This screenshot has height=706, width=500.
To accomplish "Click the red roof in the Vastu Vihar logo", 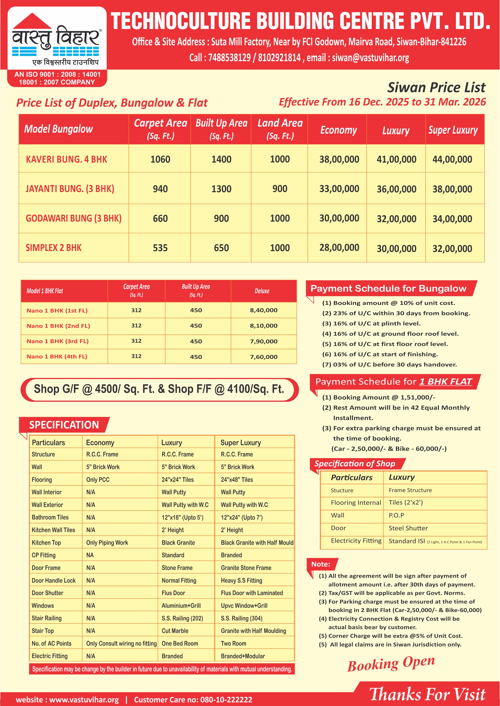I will [x=32, y=21].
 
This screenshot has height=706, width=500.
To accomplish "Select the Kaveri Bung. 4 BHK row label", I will [x=66, y=159].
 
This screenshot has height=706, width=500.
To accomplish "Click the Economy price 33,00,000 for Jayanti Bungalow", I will [x=339, y=189].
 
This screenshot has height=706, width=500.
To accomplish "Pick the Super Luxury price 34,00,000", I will [x=452, y=219].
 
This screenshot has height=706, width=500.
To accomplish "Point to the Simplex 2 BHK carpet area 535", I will [x=160, y=248].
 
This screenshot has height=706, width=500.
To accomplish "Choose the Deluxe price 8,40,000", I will [x=263, y=310].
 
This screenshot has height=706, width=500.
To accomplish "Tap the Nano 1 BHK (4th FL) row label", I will [x=57, y=356].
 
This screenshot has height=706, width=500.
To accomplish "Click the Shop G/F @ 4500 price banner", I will [x=159, y=389].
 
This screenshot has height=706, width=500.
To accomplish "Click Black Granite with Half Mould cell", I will [x=257, y=543].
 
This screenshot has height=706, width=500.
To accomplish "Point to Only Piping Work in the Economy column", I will [x=107, y=543].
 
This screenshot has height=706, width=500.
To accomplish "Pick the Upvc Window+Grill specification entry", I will [x=244, y=605].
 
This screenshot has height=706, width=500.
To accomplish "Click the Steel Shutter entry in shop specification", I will [x=408, y=528].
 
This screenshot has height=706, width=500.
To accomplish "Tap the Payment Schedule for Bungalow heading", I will [x=388, y=288].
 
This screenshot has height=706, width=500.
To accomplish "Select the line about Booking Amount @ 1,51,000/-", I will [x=378, y=397].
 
